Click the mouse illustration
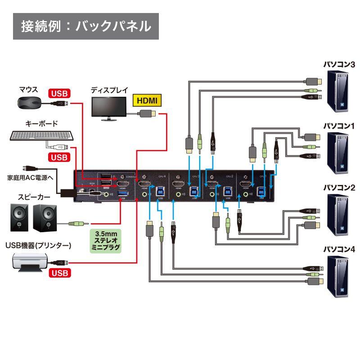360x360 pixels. point(29,102)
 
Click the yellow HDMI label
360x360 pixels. point(147,100)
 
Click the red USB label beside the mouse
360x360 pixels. point(58,94)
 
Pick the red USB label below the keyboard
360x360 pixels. point(58,157)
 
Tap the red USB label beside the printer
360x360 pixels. point(58,273)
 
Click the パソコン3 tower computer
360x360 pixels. point(338,92)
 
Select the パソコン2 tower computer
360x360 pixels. point(338,215)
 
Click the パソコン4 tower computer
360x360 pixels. point(338,277)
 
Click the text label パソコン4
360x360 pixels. point(339,248)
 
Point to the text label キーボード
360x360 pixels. point(40,123)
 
